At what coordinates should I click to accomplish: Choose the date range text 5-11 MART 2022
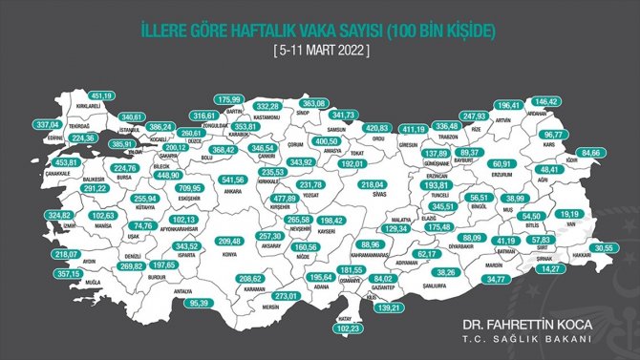319,46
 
